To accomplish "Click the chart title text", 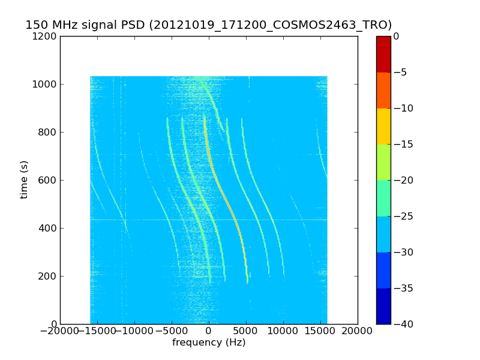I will coord(208,25).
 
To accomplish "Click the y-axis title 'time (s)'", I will coord(25,179).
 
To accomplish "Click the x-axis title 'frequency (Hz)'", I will coord(209,343).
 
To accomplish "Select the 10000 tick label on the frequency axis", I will coord(284,332).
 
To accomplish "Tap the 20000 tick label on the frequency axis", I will coord(358,332).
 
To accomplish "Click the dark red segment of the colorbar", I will coord(383,54).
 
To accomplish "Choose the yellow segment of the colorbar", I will coord(383,126).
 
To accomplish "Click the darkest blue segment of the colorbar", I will coord(383,306).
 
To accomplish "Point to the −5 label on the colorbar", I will coord(400,72).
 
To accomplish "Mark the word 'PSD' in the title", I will coord(132,25).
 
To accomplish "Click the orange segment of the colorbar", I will coord(383,90).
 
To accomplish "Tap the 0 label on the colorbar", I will coord(397,36).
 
